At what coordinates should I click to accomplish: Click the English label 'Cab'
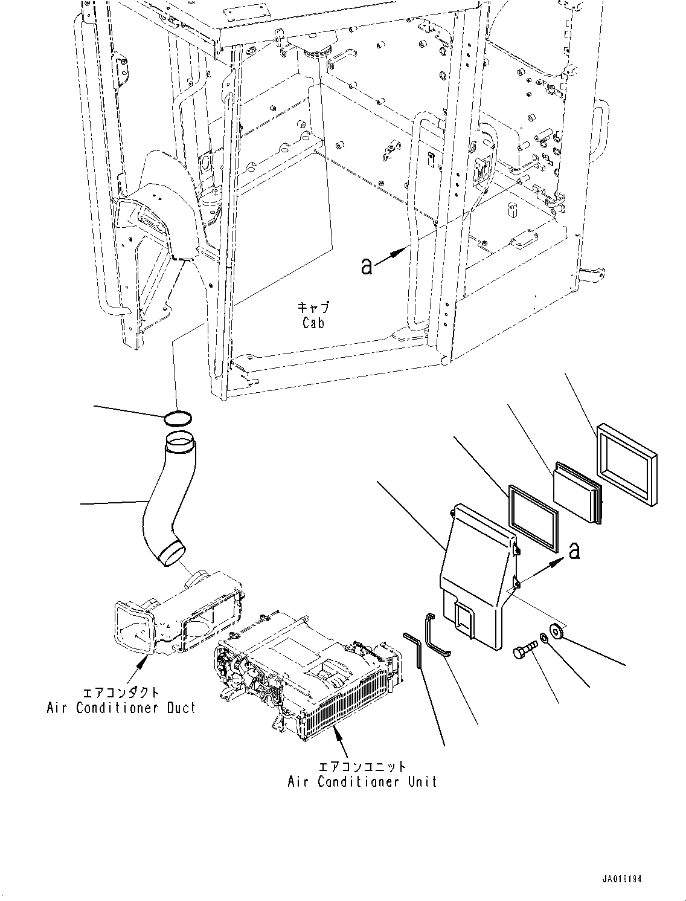(313, 323)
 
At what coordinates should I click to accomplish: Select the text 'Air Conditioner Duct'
(121, 708)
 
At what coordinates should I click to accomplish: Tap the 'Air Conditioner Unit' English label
(362, 781)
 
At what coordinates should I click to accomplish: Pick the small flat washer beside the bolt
(545, 638)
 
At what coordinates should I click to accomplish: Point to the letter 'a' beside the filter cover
(574, 550)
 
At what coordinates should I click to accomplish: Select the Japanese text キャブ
(313, 308)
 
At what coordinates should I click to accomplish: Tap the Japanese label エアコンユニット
(362, 766)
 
